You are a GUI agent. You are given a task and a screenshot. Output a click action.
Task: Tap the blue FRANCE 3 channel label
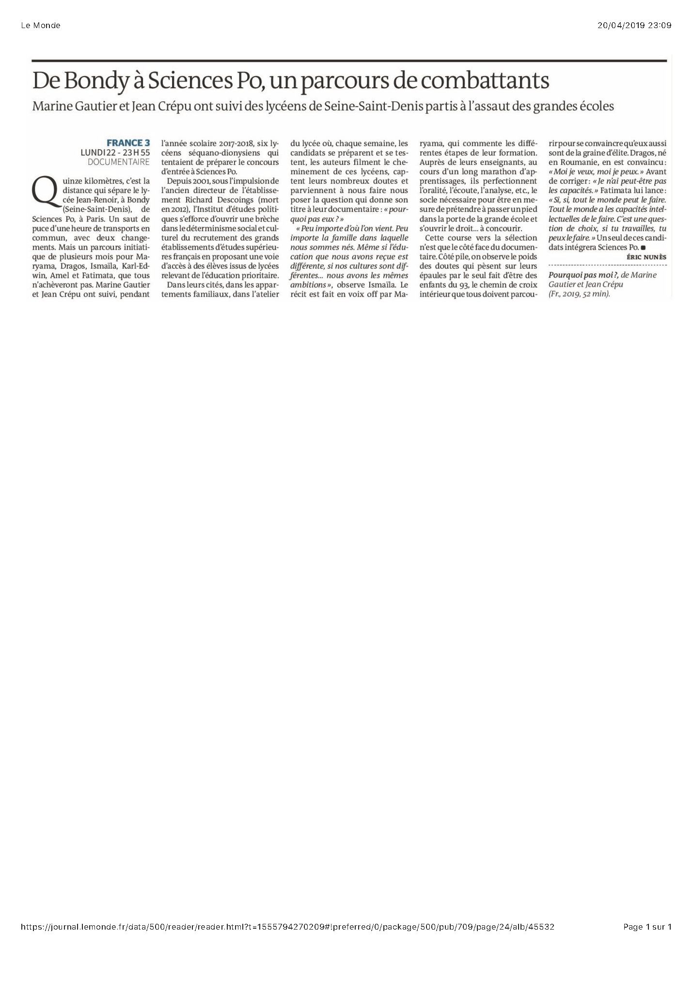point(128,143)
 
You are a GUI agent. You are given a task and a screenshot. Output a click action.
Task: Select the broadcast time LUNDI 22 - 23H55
point(115,153)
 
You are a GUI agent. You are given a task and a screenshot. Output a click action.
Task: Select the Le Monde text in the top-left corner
point(41,26)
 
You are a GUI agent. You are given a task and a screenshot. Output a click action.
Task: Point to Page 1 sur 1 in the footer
point(647,927)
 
